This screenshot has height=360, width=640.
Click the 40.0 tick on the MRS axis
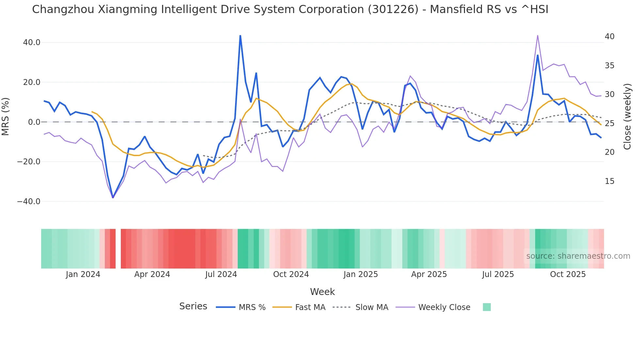(x=31, y=42)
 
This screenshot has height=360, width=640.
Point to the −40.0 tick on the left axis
(x=29, y=202)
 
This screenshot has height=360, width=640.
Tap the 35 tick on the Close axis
(x=609, y=66)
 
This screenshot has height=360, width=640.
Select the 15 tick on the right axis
(x=609, y=181)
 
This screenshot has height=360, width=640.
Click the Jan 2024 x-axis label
(x=83, y=274)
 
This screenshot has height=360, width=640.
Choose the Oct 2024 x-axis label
(x=291, y=274)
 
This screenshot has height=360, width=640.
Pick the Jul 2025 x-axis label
(x=498, y=274)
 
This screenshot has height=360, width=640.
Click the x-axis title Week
(x=322, y=292)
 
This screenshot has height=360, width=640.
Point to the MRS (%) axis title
(x=6, y=117)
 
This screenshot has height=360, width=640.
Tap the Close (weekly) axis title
(x=627, y=117)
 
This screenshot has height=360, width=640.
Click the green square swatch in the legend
(x=487, y=307)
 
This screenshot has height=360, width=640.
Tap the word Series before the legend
(x=193, y=306)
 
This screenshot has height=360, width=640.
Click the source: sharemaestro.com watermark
(x=578, y=256)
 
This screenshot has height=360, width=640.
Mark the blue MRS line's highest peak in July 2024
(x=240, y=36)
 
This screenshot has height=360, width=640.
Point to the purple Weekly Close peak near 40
(x=537, y=36)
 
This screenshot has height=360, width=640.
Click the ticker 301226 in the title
(x=393, y=9)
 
